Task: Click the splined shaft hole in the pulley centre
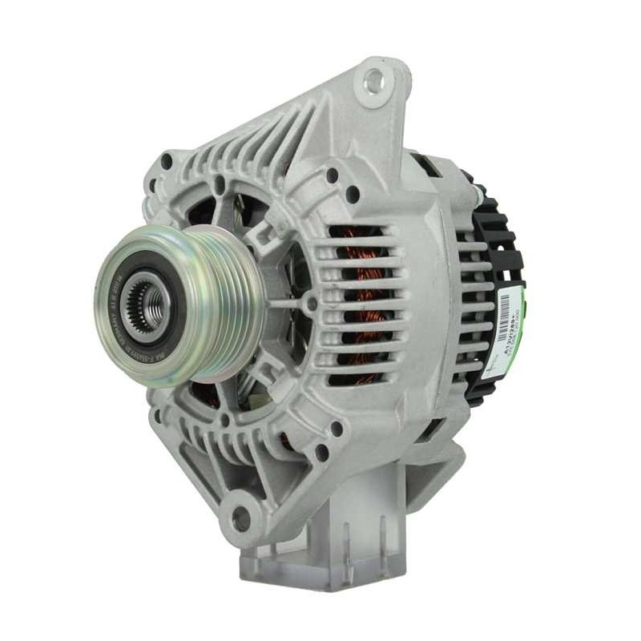click(x=152, y=304)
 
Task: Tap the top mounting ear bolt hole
click(x=373, y=80)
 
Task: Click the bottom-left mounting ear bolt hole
click(x=241, y=518)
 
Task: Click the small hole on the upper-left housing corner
click(x=166, y=160)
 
